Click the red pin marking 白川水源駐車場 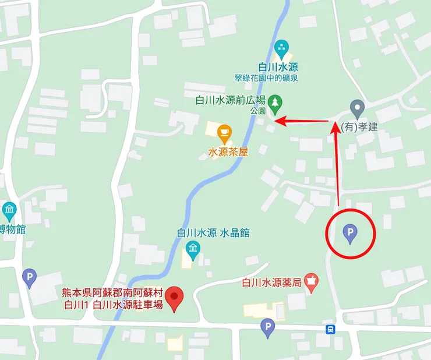coord(174,298)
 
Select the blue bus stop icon coord(330,329)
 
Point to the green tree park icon coord(275,103)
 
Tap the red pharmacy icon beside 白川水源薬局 coord(313,282)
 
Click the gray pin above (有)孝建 coord(357,107)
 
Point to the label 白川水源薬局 coord(271,283)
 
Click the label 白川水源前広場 coord(231,100)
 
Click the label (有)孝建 coord(359,126)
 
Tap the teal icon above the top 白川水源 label coord(282,46)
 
